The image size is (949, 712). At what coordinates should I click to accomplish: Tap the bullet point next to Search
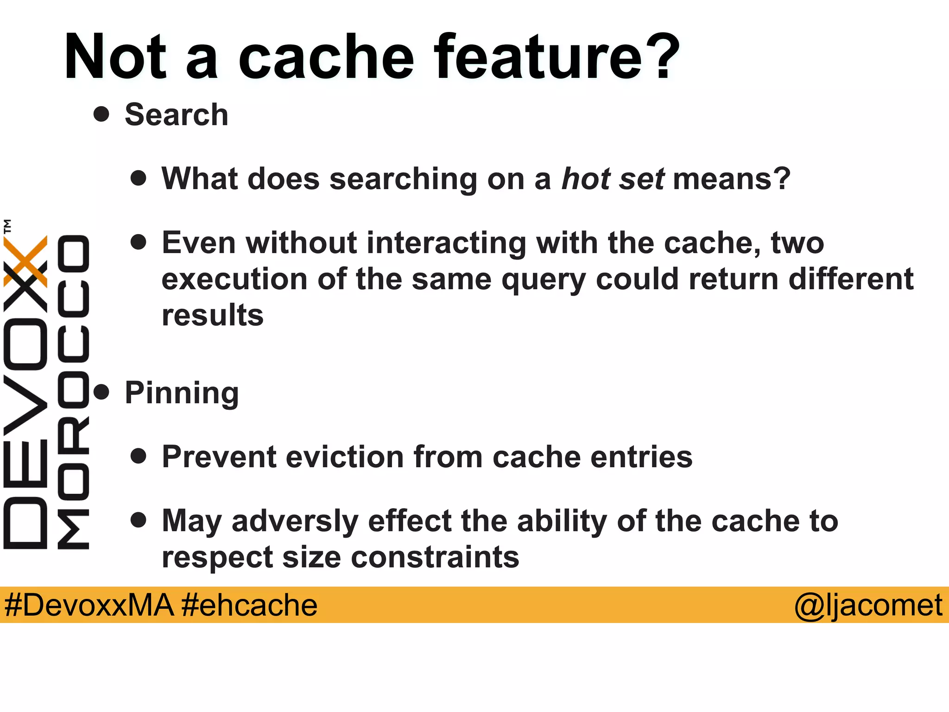tap(101, 114)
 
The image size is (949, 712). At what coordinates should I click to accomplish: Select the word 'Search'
tap(177, 114)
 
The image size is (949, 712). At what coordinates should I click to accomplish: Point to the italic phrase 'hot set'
tap(613, 179)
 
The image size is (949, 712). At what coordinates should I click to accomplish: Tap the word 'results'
tap(213, 315)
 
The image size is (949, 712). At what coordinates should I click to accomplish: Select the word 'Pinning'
tap(182, 393)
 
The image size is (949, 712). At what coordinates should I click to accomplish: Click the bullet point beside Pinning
tap(101, 392)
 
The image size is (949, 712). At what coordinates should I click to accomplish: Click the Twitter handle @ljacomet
tap(868, 605)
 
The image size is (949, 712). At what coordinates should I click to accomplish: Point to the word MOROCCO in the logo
tap(73, 392)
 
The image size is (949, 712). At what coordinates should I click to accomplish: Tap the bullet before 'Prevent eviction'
tap(138, 456)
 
